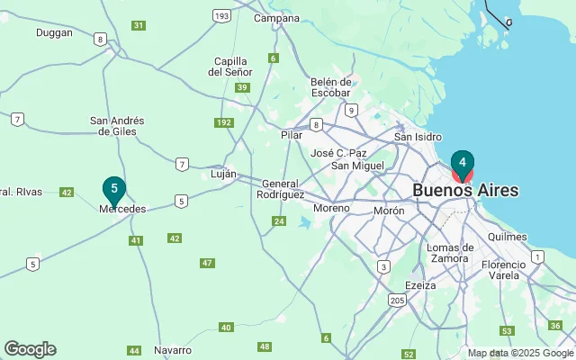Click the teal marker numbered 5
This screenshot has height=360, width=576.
[113, 189]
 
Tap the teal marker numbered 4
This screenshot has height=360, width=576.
[462, 164]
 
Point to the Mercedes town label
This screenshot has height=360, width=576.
[121, 209]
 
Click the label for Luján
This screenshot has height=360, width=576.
[223, 174]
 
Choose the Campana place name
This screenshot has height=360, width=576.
[276, 18]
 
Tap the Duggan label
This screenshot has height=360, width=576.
[54, 32]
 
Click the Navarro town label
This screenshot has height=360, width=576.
[173, 349]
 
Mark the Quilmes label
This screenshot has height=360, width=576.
[505, 235]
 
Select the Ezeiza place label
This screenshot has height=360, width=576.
[420, 285]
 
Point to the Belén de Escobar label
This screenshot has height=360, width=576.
[329, 87]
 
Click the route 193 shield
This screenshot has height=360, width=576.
[221, 15]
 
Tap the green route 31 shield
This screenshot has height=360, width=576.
[138, 25]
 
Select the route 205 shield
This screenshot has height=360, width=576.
[397, 299]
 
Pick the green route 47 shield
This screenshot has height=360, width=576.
[208, 263]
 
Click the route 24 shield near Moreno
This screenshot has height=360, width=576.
[279, 221]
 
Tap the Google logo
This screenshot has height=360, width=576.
[30, 349]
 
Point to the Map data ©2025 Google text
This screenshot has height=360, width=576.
[519, 353]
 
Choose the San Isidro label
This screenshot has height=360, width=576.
[418, 137]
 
